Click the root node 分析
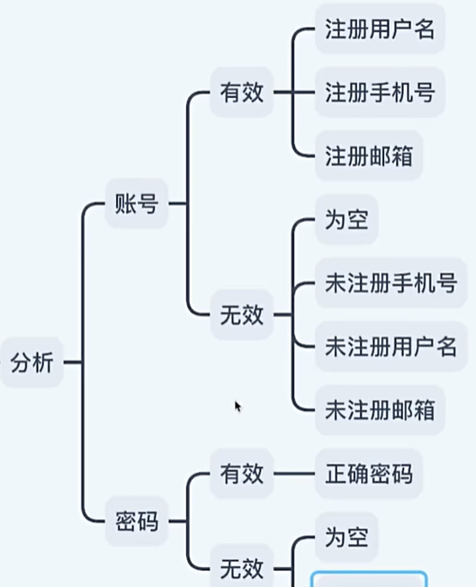coord(31,363)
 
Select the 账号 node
coord(137,204)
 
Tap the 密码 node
coord(137,521)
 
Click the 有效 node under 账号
coord(241,92)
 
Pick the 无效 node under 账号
coord(241,316)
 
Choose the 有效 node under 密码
coord(241,472)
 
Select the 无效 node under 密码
coord(241,568)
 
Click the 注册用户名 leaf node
coord(379,29)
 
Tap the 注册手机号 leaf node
coord(379,92)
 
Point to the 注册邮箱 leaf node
coord(368,155)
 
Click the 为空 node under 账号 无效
coord(346,220)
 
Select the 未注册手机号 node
coord(390,283)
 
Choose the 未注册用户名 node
coord(390,346)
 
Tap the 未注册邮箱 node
coord(379,410)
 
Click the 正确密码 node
coord(368,472)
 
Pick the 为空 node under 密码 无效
coord(346,538)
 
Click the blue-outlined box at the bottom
coord(369,579)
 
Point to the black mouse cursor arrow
coord(238,406)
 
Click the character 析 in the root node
coord(42,363)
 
